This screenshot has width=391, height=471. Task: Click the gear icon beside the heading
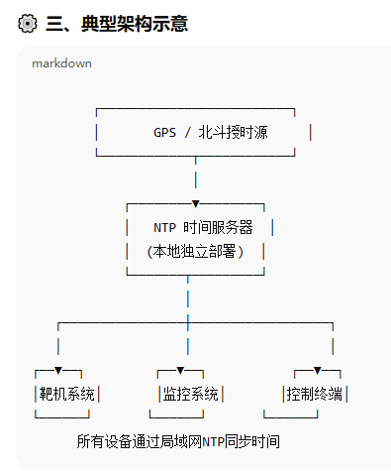pyautogui.click(x=28, y=24)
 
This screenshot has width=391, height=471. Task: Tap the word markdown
pyautogui.click(x=61, y=63)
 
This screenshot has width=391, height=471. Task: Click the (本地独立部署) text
pyautogui.click(x=195, y=251)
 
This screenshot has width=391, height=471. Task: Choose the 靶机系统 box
pyautogui.click(x=67, y=394)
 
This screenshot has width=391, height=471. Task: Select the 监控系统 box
pyautogui.click(x=191, y=394)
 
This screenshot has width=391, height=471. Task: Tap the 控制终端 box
pyautogui.click(x=315, y=394)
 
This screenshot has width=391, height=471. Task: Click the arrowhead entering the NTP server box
pyautogui.click(x=195, y=203)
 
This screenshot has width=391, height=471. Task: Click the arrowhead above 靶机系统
pyautogui.click(x=58, y=370)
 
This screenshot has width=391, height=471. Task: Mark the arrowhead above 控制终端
pyautogui.click(x=317, y=370)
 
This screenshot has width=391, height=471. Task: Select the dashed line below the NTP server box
pyautogui.click(x=187, y=297)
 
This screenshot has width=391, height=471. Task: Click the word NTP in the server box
pyautogui.click(x=164, y=227)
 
